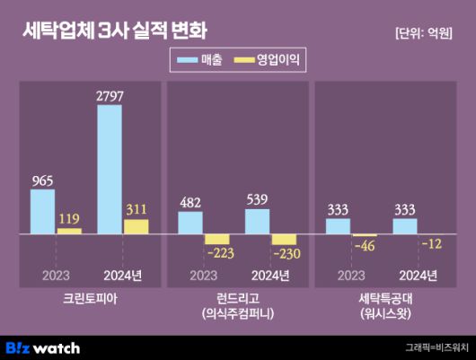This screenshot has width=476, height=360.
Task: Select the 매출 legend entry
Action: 201,60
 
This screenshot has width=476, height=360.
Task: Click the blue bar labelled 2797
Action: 110,169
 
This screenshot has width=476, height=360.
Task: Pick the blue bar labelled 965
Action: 42,212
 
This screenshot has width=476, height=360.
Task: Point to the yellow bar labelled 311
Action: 136,226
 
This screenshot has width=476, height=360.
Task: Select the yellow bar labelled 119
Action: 69,231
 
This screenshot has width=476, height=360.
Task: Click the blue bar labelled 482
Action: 190,224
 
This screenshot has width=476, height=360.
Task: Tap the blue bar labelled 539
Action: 257,222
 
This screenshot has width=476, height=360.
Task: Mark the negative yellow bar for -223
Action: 217,240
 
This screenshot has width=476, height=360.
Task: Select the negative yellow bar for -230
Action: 284,240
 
